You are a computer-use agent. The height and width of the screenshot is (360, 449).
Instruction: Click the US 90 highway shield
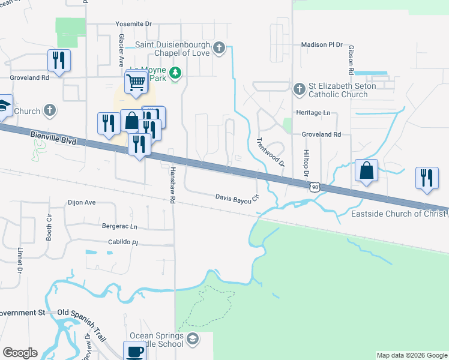315,187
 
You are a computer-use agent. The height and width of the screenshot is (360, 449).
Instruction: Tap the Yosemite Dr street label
134,24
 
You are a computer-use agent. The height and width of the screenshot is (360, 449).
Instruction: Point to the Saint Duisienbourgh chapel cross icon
219,47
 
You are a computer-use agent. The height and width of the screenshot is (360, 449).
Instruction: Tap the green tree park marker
175,73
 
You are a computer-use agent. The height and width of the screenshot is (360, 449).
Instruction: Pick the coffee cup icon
134,351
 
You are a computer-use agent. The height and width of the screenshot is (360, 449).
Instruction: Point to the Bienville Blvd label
53,140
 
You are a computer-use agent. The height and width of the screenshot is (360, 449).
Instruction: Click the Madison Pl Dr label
321,45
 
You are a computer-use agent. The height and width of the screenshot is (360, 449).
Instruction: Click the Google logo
20,353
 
